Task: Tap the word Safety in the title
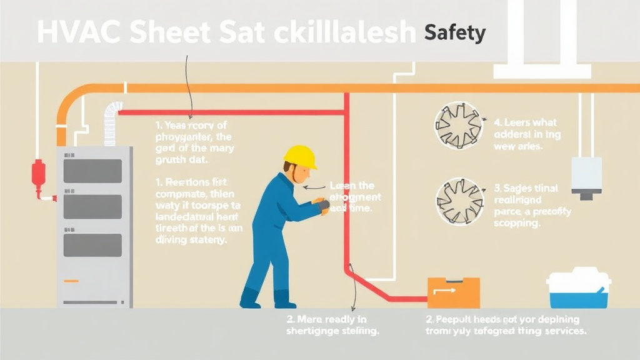[454, 32]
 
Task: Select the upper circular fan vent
[459, 126]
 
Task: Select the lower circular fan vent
[459, 201]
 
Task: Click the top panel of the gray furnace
[92, 171]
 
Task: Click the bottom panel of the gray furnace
[92, 245]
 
